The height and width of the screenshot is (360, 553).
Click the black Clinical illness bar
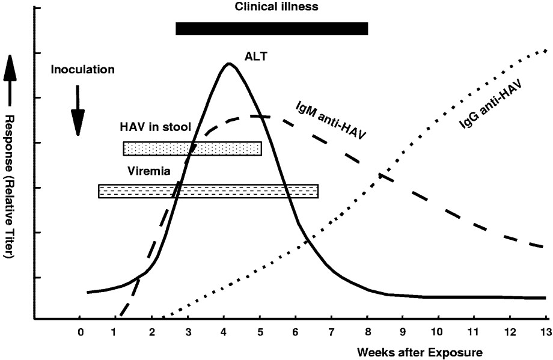pos(271,28)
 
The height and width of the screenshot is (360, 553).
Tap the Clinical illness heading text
pos(276,7)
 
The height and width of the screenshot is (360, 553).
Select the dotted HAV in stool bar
pos(192,148)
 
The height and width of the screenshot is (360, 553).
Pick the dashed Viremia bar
pos(208,191)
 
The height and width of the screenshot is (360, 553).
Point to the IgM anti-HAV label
pos(331,118)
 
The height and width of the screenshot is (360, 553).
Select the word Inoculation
pos(82,69)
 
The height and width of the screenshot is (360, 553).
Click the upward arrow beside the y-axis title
pos(10,71)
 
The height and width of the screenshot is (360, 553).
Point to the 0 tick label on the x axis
pos(79,331)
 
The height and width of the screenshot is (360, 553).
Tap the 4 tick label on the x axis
pos(224,331)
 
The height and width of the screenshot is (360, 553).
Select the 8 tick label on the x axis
pos(367,331)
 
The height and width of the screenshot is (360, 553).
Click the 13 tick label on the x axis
pos(545,331)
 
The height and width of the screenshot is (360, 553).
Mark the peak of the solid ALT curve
pos(228,63)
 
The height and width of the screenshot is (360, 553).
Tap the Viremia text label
pos(149,171)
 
